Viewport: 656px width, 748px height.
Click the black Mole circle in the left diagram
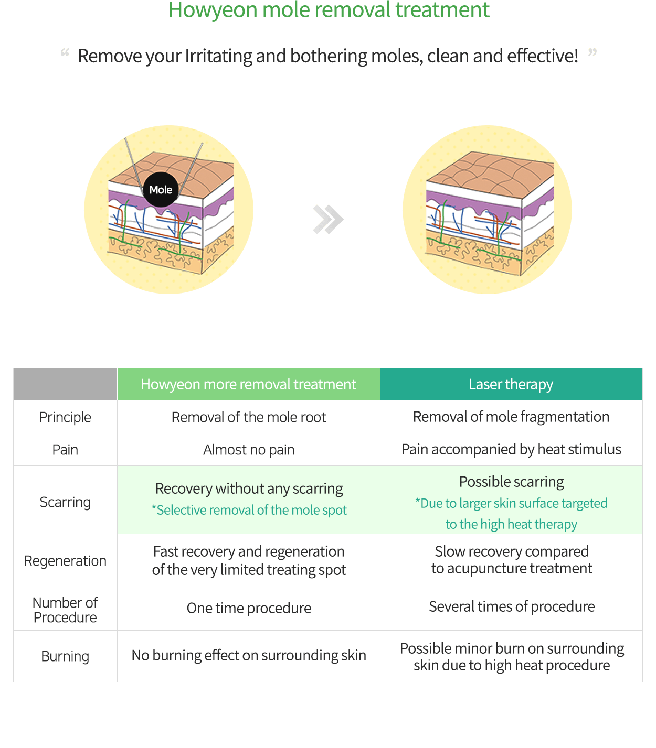pos(161,189)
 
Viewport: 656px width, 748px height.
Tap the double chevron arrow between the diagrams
pos(328,219)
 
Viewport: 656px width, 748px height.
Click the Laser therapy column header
pos(511,384)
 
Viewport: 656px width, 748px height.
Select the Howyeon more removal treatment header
pos(249,384)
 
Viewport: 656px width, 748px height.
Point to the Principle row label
pos(65,417)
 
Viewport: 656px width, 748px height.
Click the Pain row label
pos(65,450)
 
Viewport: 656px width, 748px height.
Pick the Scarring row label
pos(65,502)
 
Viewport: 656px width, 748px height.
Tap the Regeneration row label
pos(65,561)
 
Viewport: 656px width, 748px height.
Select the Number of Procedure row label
pos(65,610)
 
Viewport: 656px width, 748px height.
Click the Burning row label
pos(65,656)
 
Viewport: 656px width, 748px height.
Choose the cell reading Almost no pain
pos(249,450)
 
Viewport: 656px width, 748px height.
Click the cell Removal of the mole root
pos(249,417)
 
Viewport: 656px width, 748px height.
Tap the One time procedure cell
pos(249,608)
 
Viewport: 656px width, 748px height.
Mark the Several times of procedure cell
pos(512,606)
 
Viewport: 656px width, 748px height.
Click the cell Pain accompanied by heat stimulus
pos(511,449)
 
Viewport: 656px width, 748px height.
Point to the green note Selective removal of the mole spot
pos(249,510)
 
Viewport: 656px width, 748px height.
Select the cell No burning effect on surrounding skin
pos(249,655)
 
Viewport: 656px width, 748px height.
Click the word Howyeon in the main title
pos(213,10)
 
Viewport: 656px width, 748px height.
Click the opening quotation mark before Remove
pos(65,52)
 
